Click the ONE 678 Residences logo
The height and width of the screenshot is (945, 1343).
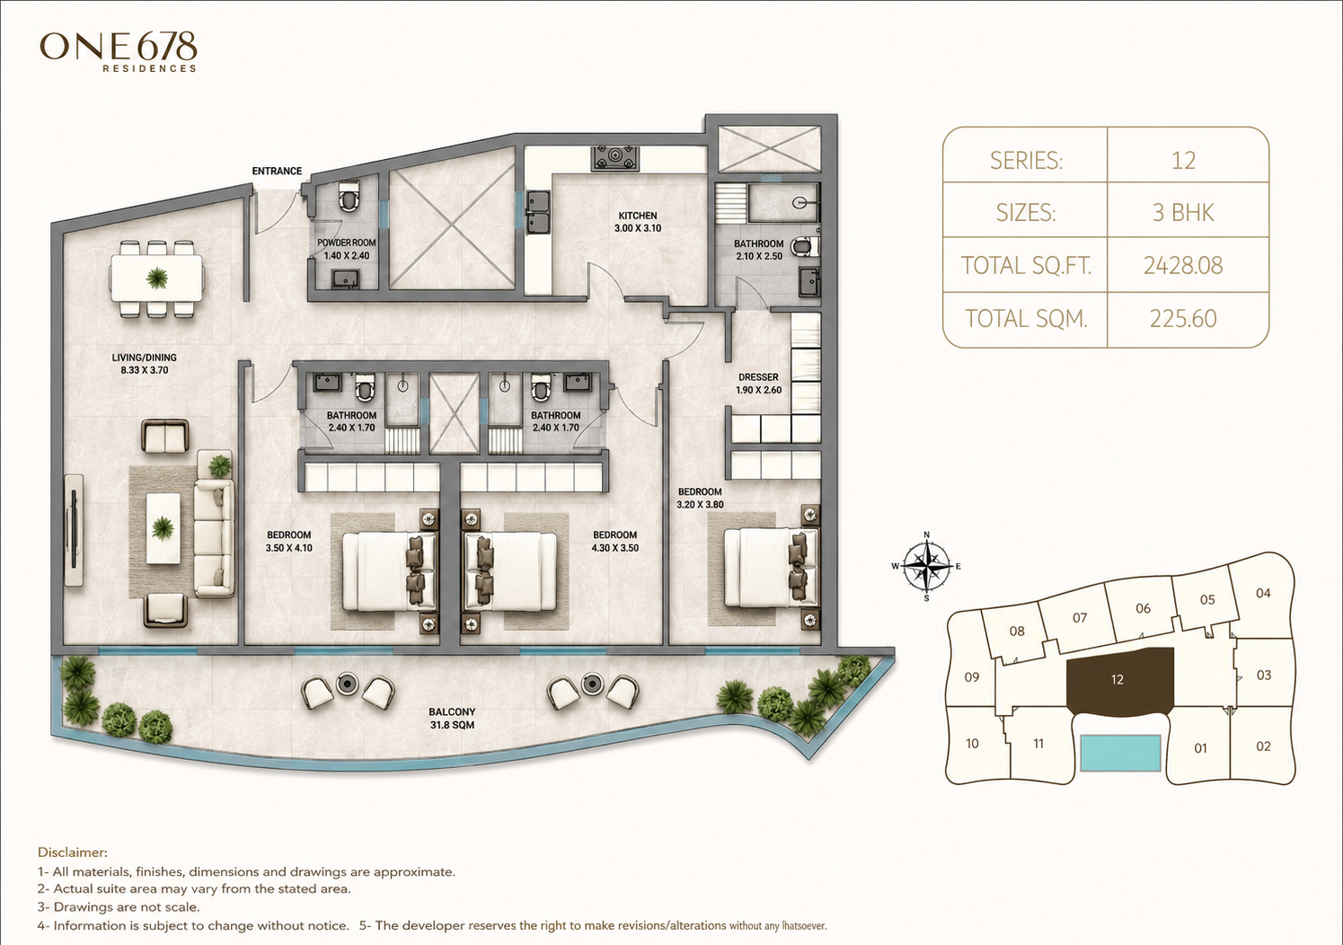[x=118, y=52]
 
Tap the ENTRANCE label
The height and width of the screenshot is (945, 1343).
[x=277, y=171]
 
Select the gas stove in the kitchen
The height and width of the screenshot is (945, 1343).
[x=616, y=158]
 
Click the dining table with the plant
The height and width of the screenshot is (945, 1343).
[x=156, y=278]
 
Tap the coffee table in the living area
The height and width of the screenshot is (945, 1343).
[x=163, y=528]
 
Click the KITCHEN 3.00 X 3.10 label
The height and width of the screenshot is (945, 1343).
[x=638, y=221]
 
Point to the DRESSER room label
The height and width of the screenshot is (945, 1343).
[x=758, y=384]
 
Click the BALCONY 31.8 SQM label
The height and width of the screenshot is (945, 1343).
[x=452, y=718]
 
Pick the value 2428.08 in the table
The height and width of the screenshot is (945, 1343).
[x=1183, y=265]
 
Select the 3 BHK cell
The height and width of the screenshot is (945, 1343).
[x=1183, y=212]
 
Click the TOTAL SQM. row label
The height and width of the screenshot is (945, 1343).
[x=1026, y=318]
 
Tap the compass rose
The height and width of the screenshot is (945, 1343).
[x=927, y=565]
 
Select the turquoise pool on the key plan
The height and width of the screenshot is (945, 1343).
[x=1120, y=753]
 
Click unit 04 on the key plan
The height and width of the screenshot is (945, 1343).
[x=1263, y=593]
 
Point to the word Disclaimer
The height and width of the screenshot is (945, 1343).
[x=73, y=852]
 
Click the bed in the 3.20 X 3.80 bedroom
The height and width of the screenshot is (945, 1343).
[x=771, y=567]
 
